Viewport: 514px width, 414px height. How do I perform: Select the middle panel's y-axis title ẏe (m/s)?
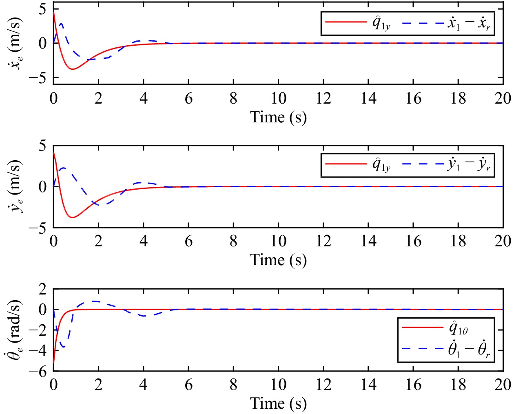[x=16, y=186]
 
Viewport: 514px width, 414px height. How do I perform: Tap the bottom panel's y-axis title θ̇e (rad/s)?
[x=16, y=330]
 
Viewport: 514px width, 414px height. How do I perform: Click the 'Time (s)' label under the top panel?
[x=278, y=117]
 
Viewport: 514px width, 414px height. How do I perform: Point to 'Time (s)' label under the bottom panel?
[x=278, y=403]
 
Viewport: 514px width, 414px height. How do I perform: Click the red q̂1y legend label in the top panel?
[x=381, y=23]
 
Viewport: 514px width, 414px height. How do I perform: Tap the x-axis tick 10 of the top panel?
[x=278, y=98]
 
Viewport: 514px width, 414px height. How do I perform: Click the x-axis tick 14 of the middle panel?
[x=368, y=241]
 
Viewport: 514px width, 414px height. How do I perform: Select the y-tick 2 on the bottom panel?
[x=42, y=289]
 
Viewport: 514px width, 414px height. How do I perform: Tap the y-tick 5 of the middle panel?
[x=42, y=146]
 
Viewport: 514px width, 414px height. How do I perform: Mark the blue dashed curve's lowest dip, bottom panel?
[x=63, y=347]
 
